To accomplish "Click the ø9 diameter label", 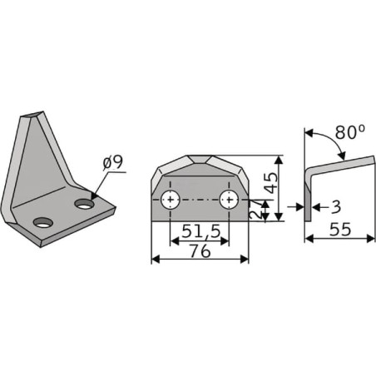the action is pyautogui.click(x=112, y=162).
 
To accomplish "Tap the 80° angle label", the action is pyautogui.click(x=350, y=131).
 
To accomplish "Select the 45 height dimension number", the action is pyautogui.click(x=270, y=183).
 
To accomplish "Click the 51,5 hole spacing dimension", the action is pyautogui.click(x=200, y=231).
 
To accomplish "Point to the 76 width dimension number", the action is pyautogui.click(x=200, y=251).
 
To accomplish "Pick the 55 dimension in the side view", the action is pyautogui.click(x=340, y=230).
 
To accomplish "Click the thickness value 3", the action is pyautogui.click(x=336, y=207).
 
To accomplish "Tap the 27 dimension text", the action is pyautogui.click(x=255, y=210).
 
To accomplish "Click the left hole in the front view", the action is pyautogui.click(x=171, y=200).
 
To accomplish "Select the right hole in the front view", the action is pyautogui.click(x=229, y=200).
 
